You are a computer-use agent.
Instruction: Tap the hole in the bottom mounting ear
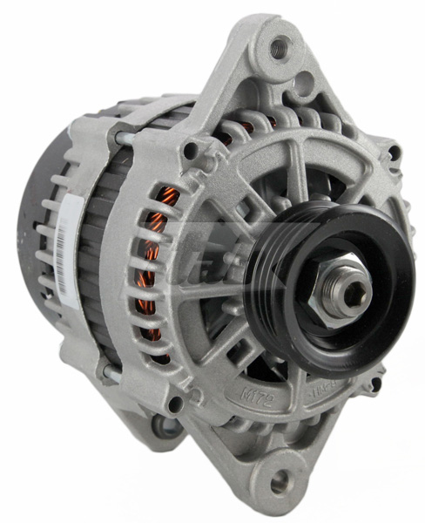(x=280, y=481)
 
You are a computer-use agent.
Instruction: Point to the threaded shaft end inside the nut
(x=352, y=293)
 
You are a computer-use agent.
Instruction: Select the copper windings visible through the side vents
(x=155, y=261)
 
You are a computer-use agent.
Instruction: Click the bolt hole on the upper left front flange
(x=189, y=151)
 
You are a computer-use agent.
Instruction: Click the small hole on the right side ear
(x=394, y=153)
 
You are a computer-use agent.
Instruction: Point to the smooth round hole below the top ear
(x=304, y=85)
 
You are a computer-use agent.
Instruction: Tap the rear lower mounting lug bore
(x=164, y=427)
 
